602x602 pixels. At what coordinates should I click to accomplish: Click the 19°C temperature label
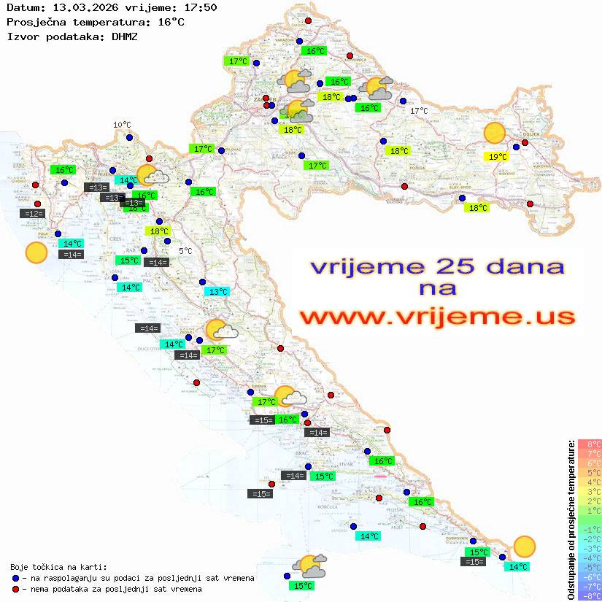coord(498,156)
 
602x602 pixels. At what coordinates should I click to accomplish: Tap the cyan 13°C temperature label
coord(217,292)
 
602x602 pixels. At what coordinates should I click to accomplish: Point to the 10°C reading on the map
coord(122,125)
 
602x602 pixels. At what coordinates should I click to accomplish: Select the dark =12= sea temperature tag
coord(32,214)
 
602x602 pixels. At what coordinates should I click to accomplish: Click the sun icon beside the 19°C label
coord(495,133)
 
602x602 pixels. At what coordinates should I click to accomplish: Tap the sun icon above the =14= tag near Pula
coord(36,252)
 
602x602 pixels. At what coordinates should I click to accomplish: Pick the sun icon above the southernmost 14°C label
coord(524,546)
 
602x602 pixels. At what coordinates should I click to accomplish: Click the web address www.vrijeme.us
coord(436,317)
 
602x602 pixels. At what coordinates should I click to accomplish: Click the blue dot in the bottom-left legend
coord(16,578)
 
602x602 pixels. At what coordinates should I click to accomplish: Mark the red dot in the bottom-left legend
coord(16,589)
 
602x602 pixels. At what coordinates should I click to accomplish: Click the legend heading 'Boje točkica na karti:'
coord(58,567)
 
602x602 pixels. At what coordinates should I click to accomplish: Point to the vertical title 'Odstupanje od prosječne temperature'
coord(571,520)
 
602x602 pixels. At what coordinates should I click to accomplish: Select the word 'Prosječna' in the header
coord(36,22)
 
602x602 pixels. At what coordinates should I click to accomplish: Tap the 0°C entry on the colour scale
coord(590,520)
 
